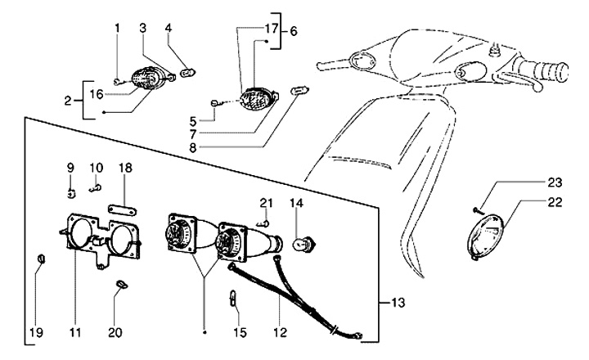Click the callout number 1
[116, 29]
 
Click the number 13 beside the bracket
[398, 303]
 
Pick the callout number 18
[125, 167]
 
